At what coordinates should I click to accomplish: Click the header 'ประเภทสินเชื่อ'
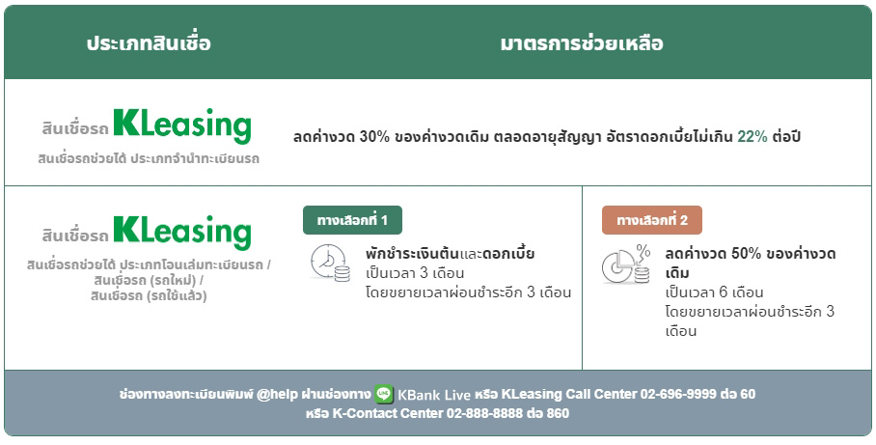(x=149, y=43)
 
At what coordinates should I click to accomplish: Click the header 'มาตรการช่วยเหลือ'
(x=582, y=43)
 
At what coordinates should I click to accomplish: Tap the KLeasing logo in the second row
(x=182, y=232)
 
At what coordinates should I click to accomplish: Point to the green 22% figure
(x=753, y=136)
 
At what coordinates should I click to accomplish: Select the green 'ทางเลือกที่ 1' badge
(x=352, y=220)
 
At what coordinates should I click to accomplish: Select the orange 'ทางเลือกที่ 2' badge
(x=652, y=220)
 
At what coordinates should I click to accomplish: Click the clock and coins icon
(x=330, y=263)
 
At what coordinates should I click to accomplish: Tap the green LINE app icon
(x=384, y=394)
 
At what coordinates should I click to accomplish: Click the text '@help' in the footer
(x=279, y=394)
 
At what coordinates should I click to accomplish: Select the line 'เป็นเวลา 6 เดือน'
(x=715, y=292)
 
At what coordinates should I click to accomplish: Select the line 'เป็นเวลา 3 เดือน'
(x=416, y=272)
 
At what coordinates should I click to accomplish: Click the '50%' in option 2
(x=747, y=254)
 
